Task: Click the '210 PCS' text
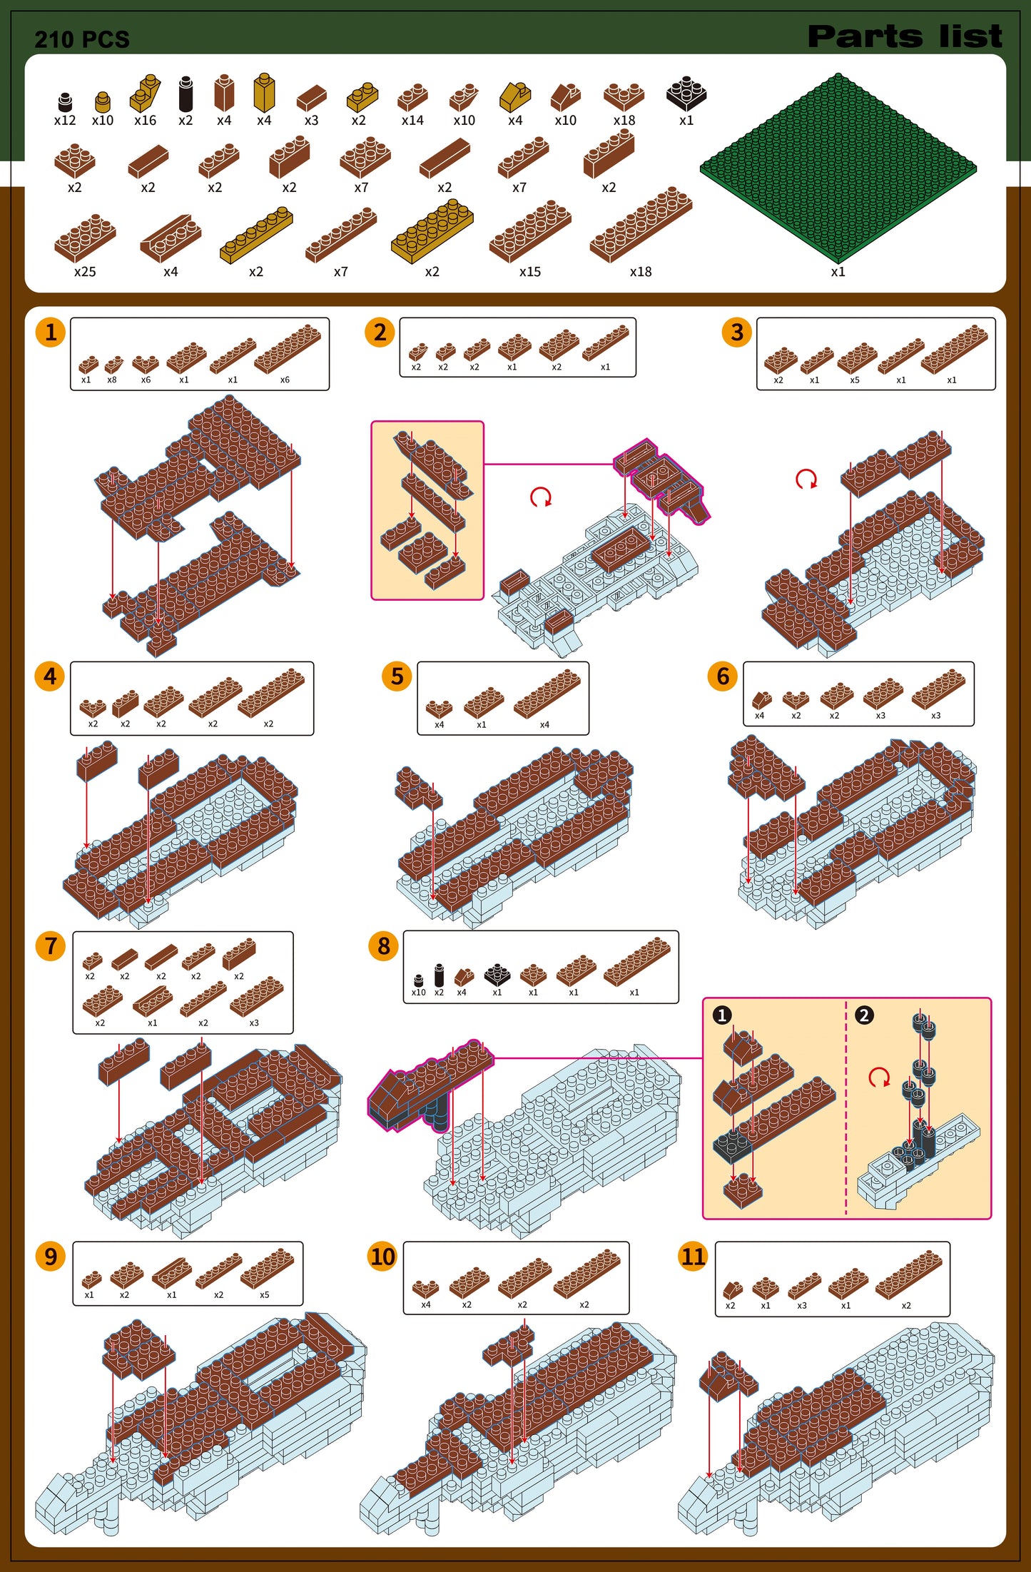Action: pos(82,39)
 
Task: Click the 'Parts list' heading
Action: pos(905,36)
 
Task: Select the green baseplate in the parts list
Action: pos(838,168)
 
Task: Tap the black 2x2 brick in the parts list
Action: pos(686,93)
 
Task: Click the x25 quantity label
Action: pos(85,272)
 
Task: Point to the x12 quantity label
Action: pos(65,121)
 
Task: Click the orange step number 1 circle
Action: pos(51,333)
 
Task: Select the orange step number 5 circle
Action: pos(397,676)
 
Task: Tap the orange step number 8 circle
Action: pos(384,946)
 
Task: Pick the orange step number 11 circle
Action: pos(693,1257)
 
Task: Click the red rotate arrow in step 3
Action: pos(806,479)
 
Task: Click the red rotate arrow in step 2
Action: pos(541,497)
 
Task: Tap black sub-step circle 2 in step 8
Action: pos(864,1015)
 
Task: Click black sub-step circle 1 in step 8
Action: pos(722,1015)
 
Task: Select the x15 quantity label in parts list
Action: pos(530,272)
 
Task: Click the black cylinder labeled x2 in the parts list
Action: pos(186,93)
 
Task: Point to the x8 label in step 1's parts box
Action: pos(112,380)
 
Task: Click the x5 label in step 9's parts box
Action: pos(265,1295)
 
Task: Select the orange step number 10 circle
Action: pos(382,1257)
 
